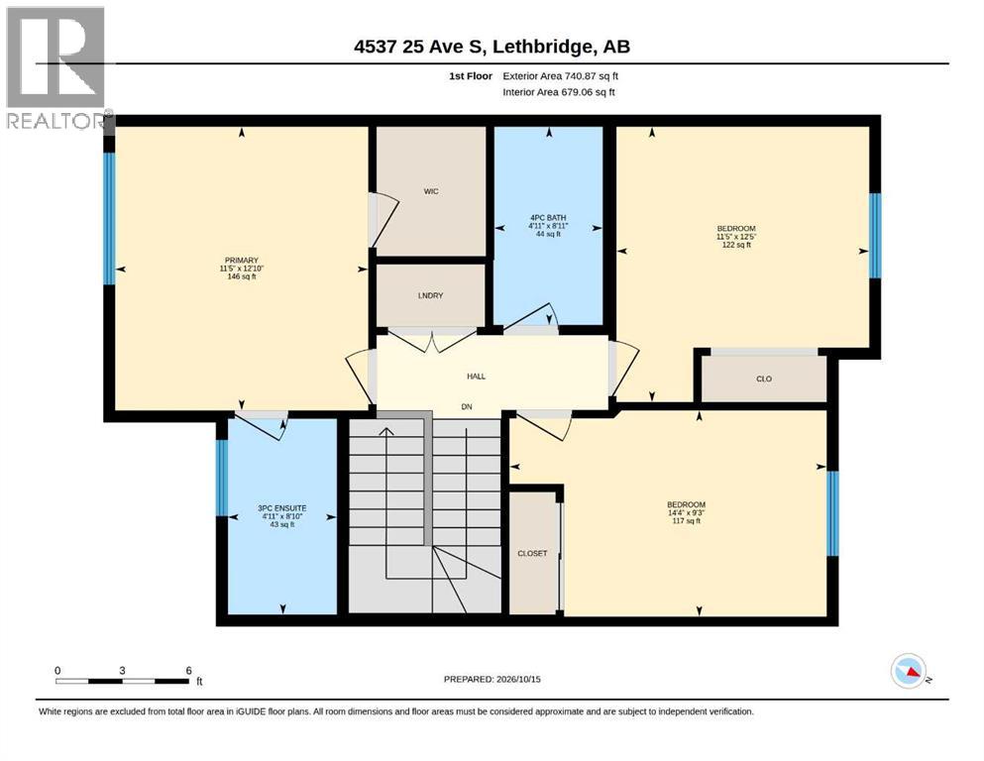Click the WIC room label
(431, 191)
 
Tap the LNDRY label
(430, 295)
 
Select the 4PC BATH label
(548, 218)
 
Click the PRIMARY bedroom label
(242, 261)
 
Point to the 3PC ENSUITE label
(282, 508)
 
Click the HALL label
(477, 377)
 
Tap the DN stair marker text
(467, 406)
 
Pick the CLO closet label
(764, 379)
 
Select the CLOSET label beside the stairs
(532, 553)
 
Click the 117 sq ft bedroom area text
(686, 521)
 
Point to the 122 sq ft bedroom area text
(736, 245)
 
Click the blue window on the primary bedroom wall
(109, 218)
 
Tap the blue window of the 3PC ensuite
(222, 478)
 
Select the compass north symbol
(908, 671)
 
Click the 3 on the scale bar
(122, 670)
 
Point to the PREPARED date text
(492, 679)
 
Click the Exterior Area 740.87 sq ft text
(561, 76)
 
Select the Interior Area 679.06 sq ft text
(559, 92)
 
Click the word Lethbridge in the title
(542, 47)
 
